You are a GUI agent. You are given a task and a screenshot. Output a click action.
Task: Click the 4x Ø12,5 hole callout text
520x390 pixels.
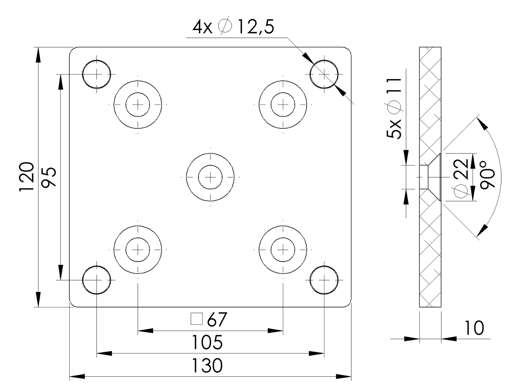[x=233, y=27]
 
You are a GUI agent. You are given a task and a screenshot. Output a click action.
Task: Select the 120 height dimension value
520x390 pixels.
[x=27, y=177]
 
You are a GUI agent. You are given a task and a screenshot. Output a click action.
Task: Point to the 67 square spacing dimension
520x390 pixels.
[x=217, y=319]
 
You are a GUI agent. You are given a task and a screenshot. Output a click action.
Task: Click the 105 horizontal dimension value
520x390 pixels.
[x=207, y=342]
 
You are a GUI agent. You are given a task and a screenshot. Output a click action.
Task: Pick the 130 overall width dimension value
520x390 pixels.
[x=207, y=366]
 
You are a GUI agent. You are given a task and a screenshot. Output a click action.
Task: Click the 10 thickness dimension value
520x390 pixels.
[x=474, y=328]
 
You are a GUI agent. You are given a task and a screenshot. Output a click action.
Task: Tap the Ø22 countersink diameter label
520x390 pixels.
[x=461, y=178]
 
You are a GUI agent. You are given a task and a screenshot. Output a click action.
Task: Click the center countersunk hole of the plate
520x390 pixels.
[x=210, y=177]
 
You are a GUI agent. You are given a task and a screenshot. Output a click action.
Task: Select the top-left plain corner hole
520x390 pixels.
[x=97, y=74]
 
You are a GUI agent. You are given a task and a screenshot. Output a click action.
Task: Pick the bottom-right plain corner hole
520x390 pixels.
[x=324, y=280]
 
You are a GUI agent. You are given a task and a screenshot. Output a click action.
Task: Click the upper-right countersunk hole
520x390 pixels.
[x=283, y=105]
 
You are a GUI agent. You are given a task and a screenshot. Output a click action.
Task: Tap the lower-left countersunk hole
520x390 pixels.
[x=138, y=249]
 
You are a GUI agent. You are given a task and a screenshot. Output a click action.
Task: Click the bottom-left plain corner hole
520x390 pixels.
[x=97, y=280]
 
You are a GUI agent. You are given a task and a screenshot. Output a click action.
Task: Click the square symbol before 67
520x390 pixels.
[x=197, y=319]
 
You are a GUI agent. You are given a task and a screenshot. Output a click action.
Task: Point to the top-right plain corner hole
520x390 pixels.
[x=324, y=74]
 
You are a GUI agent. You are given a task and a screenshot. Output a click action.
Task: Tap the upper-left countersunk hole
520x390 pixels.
[x=138, y=105]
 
